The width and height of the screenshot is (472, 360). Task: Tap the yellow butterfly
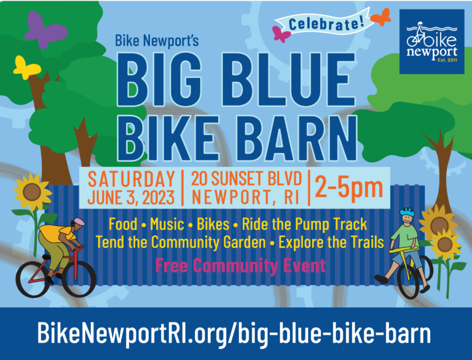26,68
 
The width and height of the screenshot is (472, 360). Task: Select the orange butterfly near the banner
381,17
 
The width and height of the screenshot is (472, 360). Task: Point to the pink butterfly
281,34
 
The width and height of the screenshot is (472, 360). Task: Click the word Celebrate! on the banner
326,24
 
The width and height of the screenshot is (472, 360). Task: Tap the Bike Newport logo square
432,42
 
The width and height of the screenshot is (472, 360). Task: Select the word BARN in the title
299,138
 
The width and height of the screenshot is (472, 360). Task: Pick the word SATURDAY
132,179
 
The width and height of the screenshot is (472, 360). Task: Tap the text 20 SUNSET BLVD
246,179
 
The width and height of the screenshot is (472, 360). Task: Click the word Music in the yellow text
167,224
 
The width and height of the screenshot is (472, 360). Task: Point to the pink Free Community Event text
240,266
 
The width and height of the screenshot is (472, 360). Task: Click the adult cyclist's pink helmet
79,222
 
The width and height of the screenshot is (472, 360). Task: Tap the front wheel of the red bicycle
79,279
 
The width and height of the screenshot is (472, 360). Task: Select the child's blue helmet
407,211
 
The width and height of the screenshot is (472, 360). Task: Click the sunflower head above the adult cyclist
32,192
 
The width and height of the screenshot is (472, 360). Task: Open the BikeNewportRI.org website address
234,334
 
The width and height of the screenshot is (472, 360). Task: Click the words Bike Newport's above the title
157,41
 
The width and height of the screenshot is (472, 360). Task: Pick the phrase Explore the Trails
331,242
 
